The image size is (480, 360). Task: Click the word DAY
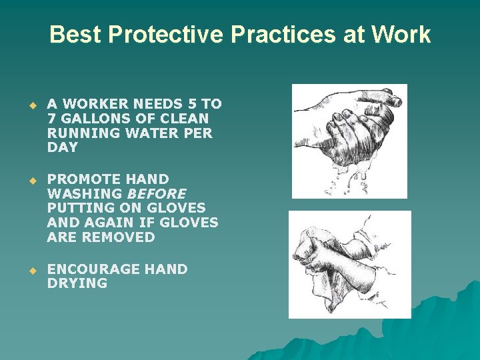(x=63, y=148)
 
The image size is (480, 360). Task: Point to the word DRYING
(x=77, y=284)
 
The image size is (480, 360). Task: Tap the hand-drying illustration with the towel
(x=349, y=264)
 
